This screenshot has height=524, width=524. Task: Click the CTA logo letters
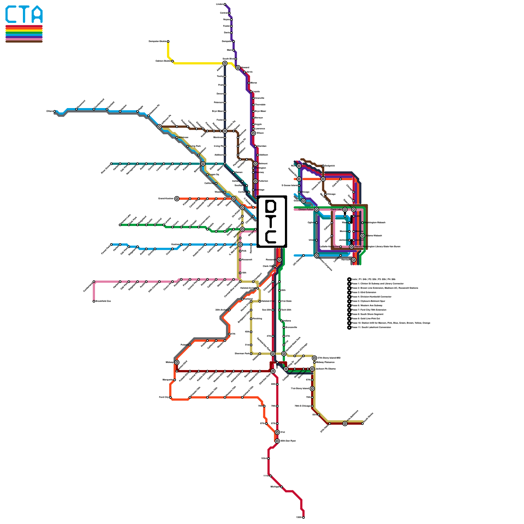click(x=24, y=14)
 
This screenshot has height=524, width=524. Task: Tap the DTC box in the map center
click(x=272, y=221)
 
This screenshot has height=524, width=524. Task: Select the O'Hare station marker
click(x=55, y=111)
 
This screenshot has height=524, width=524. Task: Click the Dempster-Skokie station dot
click(x=168, y=42)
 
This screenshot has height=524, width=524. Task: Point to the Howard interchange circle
click(x=238, y=68)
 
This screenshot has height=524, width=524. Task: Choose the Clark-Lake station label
click(x=336, y=210)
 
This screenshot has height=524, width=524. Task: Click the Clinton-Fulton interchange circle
click(x=316, y=210)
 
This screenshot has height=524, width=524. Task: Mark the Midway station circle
click(x=177, y=362)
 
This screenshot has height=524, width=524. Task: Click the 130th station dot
click(x=304, y=517)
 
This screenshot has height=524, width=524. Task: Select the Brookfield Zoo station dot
click(x=94, y=301)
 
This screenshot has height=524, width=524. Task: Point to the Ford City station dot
click(x=170, y=398)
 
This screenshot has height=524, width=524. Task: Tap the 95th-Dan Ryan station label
click(x=288, y=441)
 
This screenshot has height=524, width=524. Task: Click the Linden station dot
click(x=225, y=4)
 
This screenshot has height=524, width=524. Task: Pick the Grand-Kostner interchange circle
click(x=177, y=199)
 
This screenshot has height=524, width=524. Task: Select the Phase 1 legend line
click(x=377, y=284)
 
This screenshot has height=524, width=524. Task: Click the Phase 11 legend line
click(x=371, y=327)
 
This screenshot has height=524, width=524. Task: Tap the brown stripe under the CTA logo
click(x=24, y=41)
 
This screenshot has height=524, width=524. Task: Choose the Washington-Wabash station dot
click(x=363, y=223)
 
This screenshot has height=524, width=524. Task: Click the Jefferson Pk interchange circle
click(x=159, y=127)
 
